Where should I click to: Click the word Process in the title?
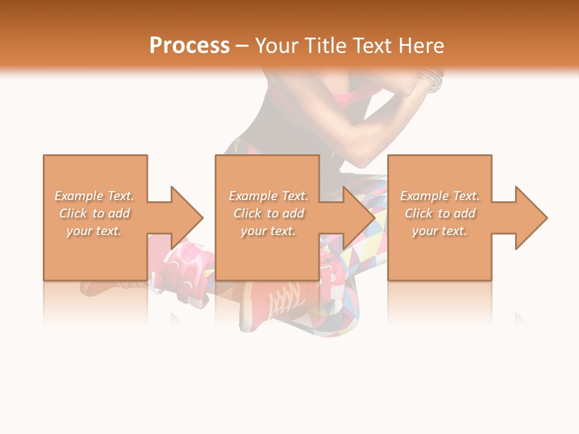coord(189,46)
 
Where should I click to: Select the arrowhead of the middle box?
coord(358,218)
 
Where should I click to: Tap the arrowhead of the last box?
coord(530,218)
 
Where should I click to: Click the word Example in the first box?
coord(79,196)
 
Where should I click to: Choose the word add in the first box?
coord(119,213)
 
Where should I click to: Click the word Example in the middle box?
coord(253,196)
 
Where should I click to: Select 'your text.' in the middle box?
coord(268,231)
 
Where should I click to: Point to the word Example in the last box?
coord(424,196)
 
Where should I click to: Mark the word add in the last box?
coord(464,213)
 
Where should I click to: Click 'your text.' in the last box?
coord(439,231)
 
